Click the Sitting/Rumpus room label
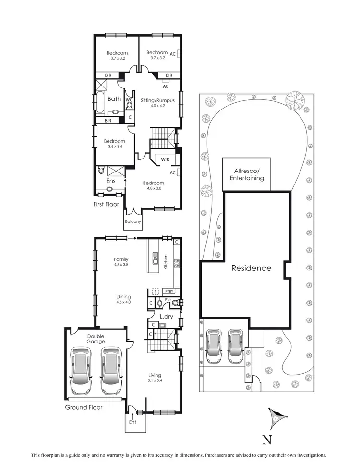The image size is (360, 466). (x=157, y=100)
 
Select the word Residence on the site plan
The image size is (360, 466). (x=252, y=268)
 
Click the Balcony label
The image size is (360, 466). (x=133, y=221)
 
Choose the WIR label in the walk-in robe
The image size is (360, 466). (x=165, y=159)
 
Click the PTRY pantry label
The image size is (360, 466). (x=168, y=291)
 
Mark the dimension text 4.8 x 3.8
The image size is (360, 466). (x=153, y=189)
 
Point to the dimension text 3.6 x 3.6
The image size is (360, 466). (x=114, y=147)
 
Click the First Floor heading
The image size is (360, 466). (x=106, y=204)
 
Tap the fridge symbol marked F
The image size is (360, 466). (x=155, y=291)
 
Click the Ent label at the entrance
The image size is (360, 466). (x=132, y=422)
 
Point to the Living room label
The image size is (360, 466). (x=155, y=375)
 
